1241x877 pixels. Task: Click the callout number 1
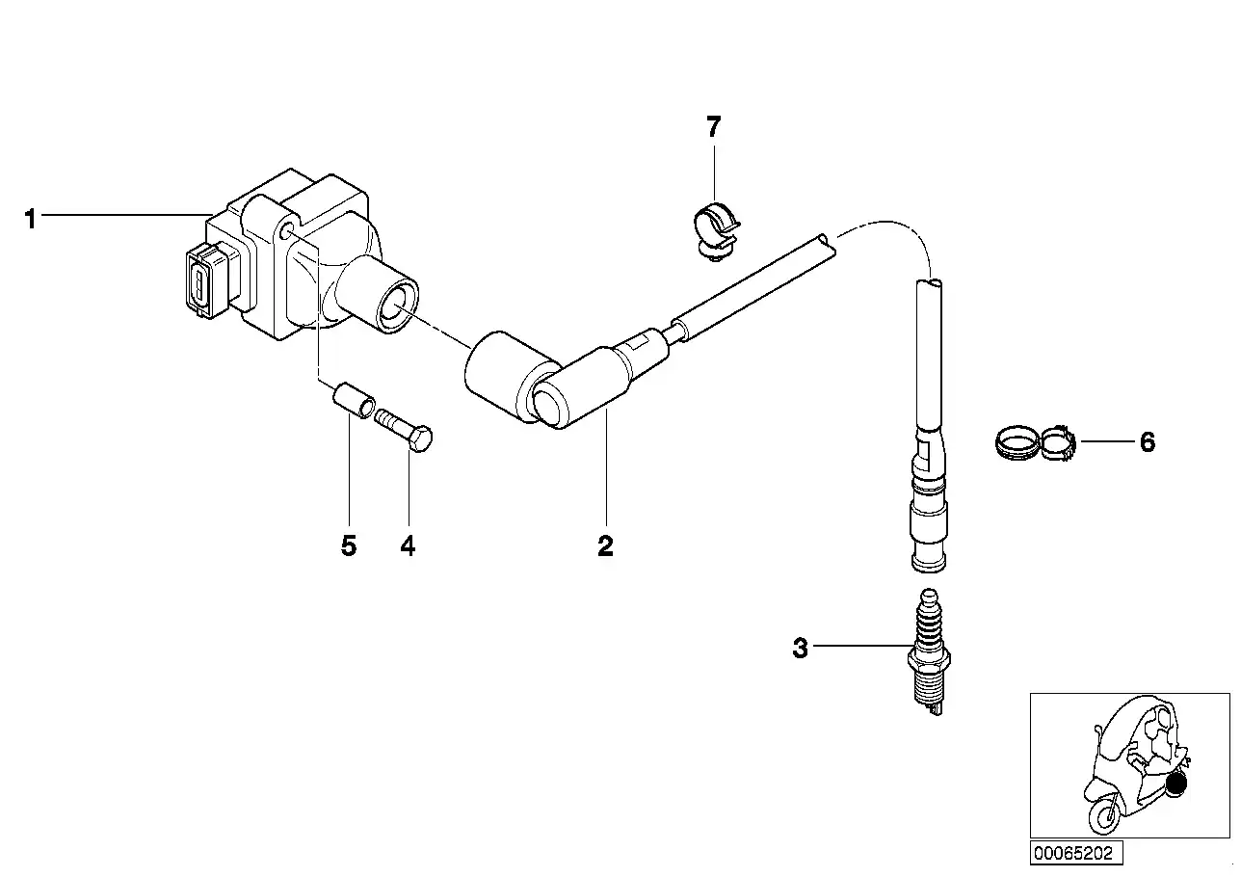(x=30, y=219)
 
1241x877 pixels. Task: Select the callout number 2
(x=605, y=546)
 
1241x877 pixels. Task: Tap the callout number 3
(x=800, y=648)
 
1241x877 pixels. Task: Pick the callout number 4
(x=408, y=546)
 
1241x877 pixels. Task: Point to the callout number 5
(x=349, y=546)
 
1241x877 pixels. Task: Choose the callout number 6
(x=1148, y=442)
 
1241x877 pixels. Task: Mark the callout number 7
(x=714, y=127)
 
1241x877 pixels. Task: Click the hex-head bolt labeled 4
(x=404, y=431)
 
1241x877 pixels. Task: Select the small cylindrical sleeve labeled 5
(x=354, y=399)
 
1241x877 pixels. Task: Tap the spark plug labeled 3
(x=930, y=652)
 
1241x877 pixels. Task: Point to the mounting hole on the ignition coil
(x=287, y=231)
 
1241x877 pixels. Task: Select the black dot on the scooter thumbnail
(x=1175, y=783)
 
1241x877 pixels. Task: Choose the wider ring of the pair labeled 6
(x=1017, y=442)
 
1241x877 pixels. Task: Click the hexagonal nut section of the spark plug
(x=930, y=659)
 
